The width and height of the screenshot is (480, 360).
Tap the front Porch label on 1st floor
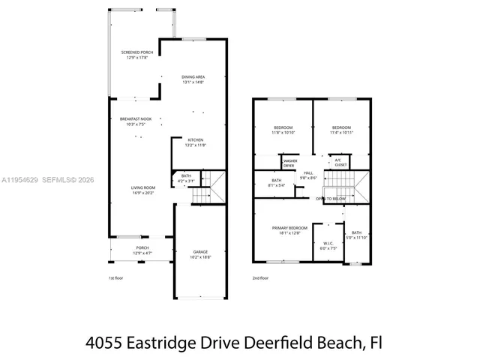point(142,250)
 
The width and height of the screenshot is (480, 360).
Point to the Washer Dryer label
point(289,163)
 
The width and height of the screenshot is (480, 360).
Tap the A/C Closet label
point(338,161)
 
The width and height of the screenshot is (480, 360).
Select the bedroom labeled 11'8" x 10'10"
point(283,129)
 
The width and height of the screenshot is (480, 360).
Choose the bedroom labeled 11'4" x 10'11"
point(341,129)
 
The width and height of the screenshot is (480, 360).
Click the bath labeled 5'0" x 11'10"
point(356,235)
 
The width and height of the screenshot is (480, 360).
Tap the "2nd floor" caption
point(261,278)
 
